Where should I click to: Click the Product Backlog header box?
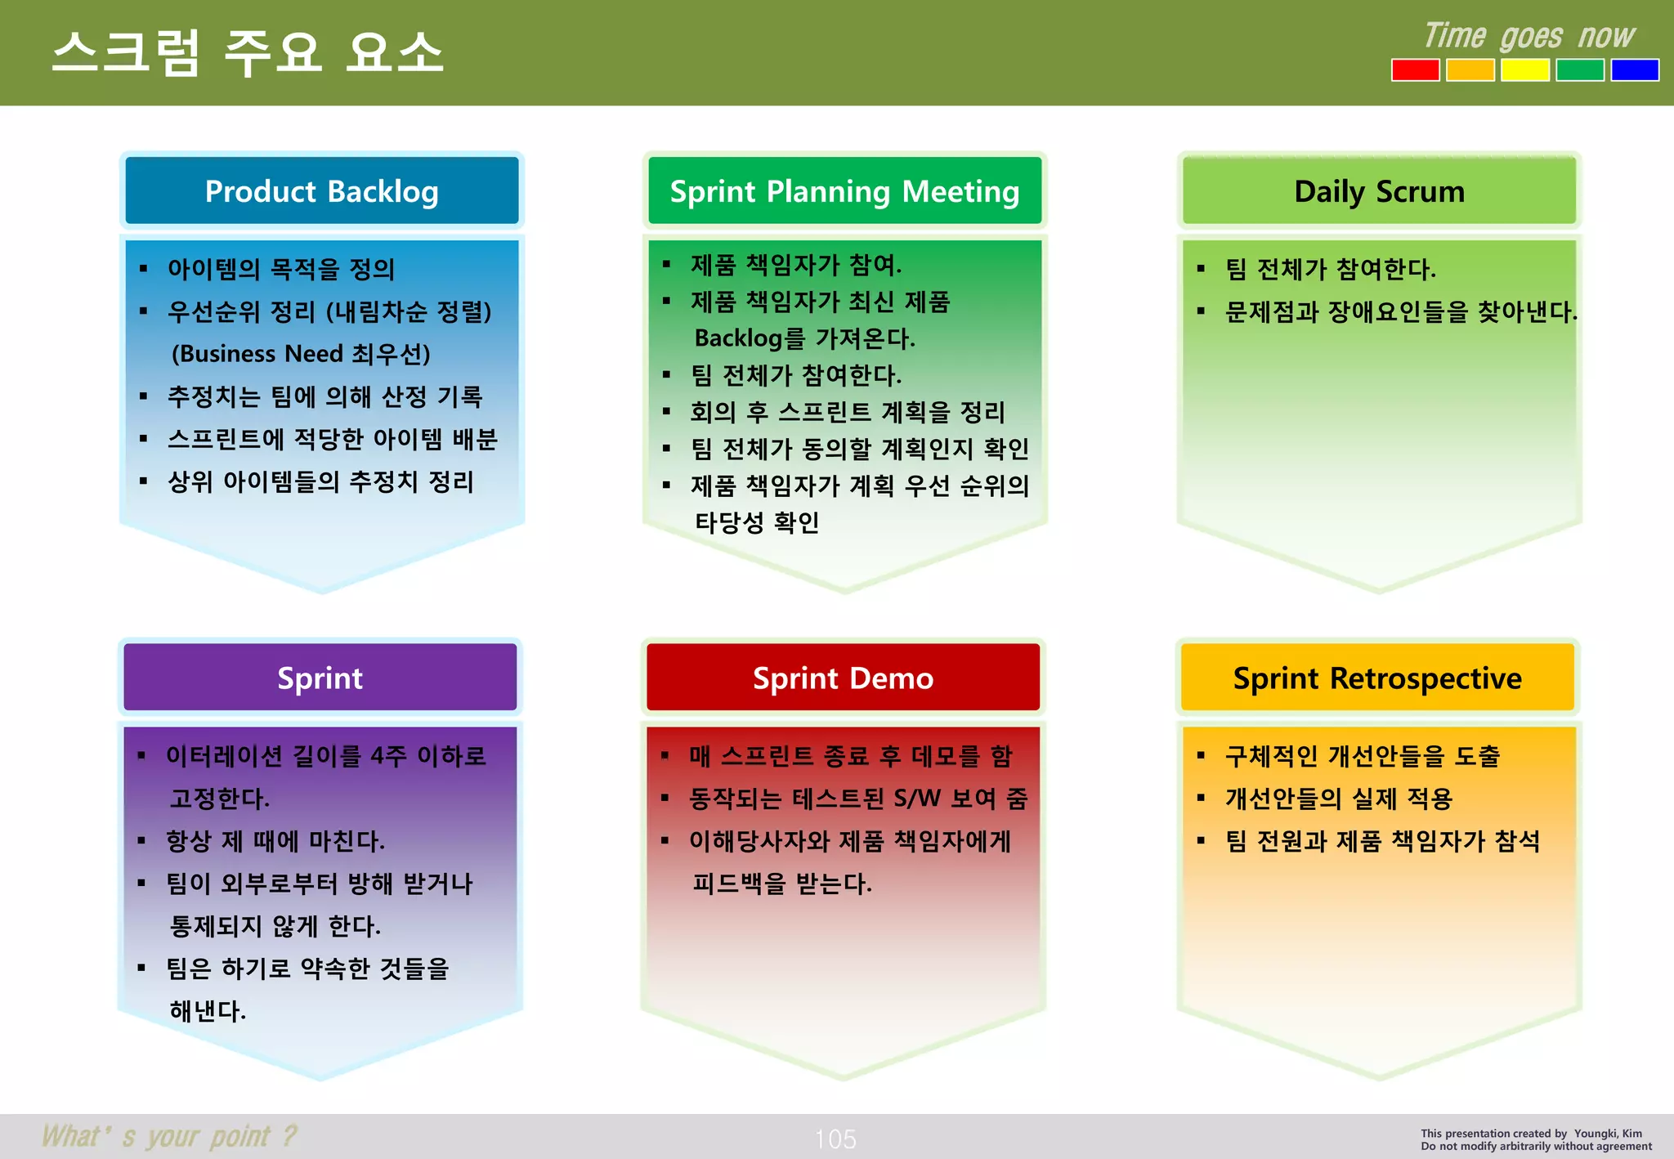click(321, 191)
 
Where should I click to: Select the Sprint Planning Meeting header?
click(844, 191)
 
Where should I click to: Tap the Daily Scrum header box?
click(1379, 191)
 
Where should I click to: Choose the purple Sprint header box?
click(320, 678)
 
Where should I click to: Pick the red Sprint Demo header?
click(843, 678)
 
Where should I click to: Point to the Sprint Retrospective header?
click(1377, 678)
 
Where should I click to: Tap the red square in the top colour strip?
click(1415, 70)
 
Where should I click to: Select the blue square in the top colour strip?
click(1634, 70)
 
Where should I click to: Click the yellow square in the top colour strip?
click(1524, 70)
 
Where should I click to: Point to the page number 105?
click(835, 1139)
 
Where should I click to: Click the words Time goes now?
click(1529, 36)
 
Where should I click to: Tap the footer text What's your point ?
click(169, 1136)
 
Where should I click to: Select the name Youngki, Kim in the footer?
click(1608, 1133)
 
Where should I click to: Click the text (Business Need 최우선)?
click(301, 354)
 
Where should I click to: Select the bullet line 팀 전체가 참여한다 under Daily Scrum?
click(1330, 269)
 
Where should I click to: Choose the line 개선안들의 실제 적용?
click(1338, 799)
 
